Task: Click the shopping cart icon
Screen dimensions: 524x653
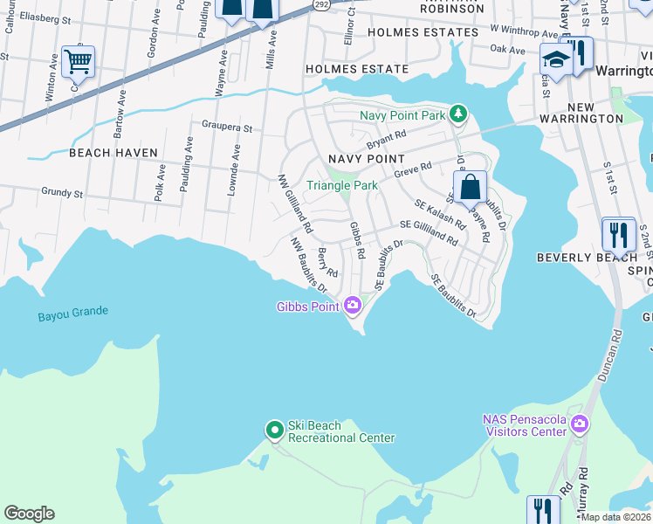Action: (x=79, y=61)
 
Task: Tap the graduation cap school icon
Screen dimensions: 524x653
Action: (x=554, y=59)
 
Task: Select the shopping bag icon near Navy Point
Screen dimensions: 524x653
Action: (x=470, y=186)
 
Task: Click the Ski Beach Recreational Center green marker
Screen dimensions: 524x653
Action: (x=274, y=429)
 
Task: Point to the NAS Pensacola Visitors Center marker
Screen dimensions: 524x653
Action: (x=580, y=424)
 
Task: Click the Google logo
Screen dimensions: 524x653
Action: (x=29, y=514)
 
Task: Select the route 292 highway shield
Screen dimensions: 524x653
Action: (x=320, y=4)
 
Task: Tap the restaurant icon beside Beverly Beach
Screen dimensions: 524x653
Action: (x=618, y=234)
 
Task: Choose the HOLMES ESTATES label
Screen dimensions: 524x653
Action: (x=423, y=32)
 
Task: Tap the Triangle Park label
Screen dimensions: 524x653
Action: (x=341, y=185)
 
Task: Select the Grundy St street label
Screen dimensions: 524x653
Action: (x=61, y=192)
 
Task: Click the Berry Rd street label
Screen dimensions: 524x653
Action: (x=327, y=262)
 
